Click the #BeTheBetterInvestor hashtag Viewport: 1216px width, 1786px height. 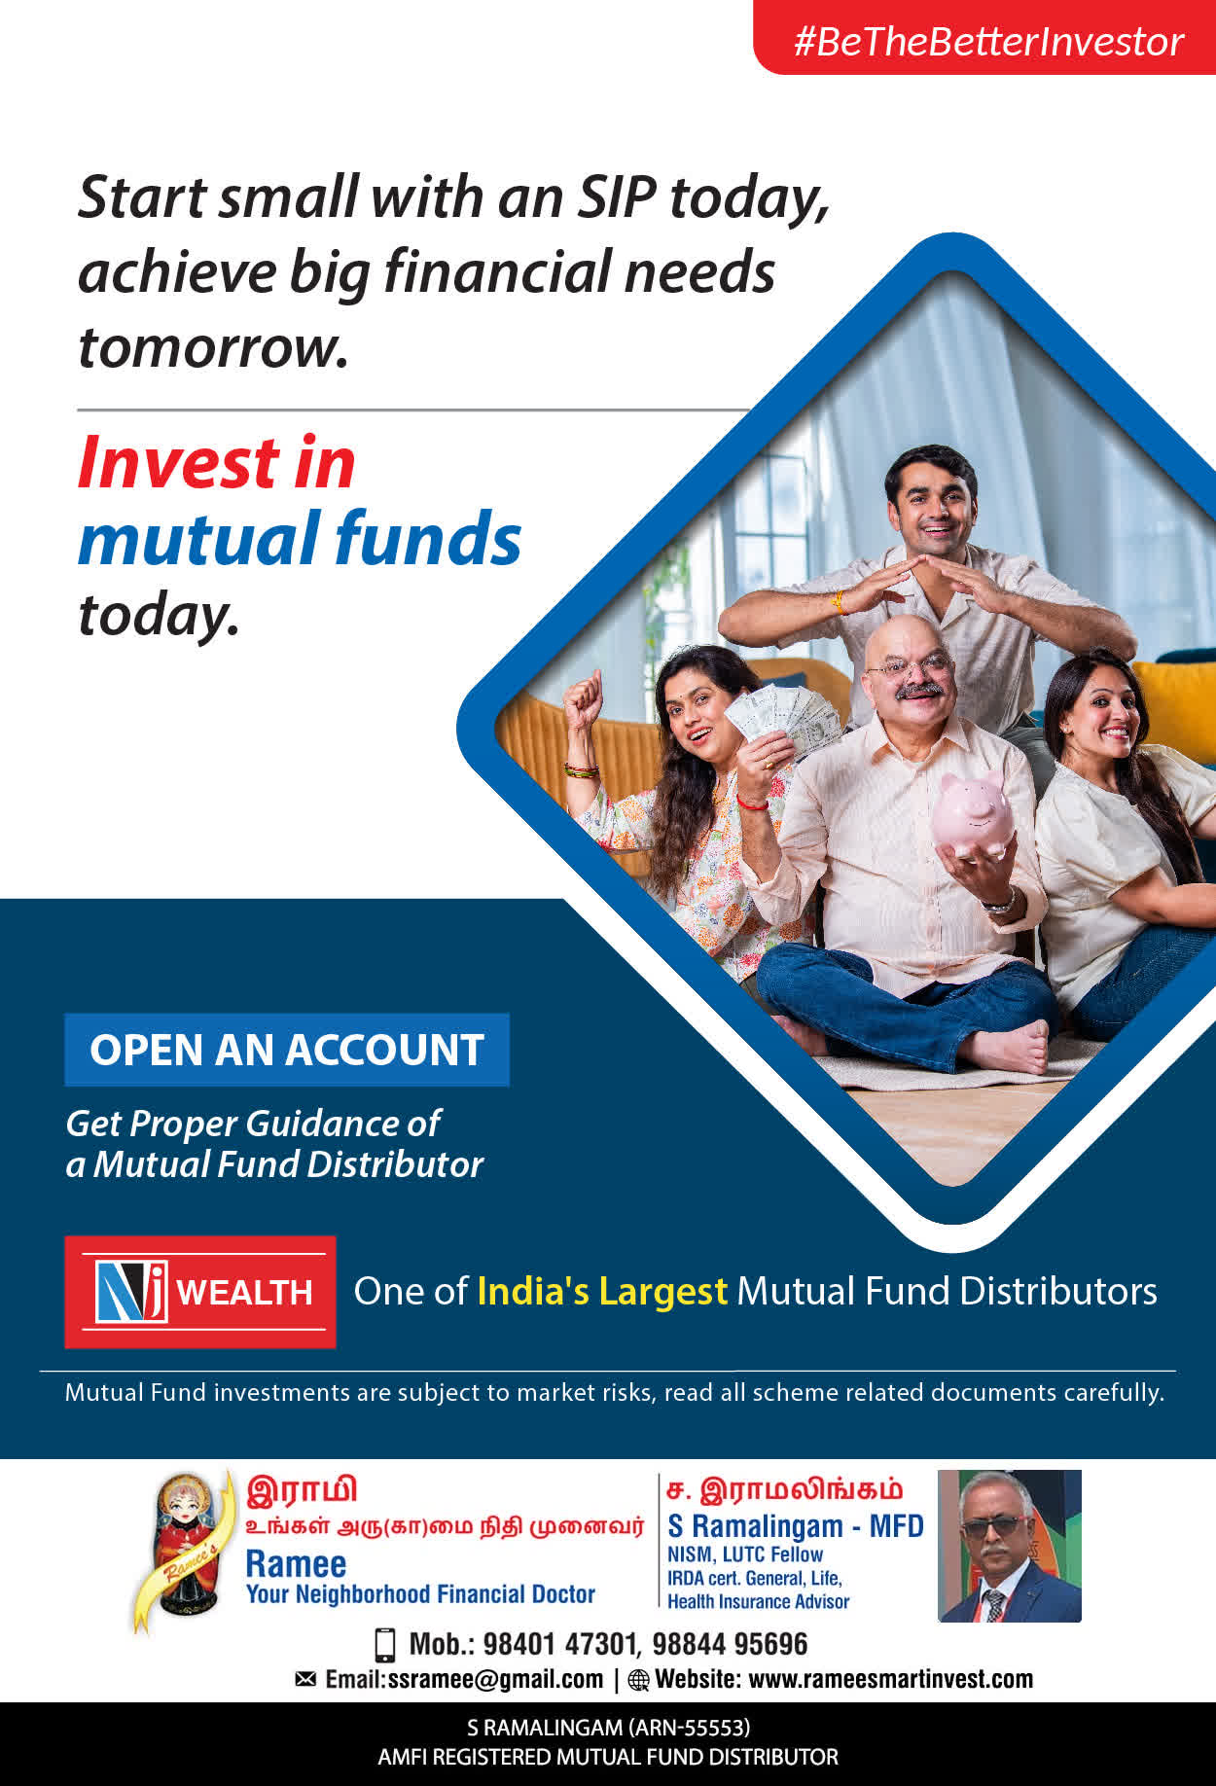pyautogui.click(x=988, y=42)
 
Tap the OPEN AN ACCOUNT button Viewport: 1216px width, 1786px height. pyautogui.click(x=287, y=1050)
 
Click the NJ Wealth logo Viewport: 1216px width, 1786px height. pyautogui.click(x=200, y=1292)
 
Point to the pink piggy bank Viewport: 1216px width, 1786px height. pyautogui.click(x=972, y=814)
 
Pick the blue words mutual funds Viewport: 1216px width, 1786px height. pyautogui.click(x=300, y=538)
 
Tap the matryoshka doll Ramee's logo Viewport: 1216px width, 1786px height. pyautogui.click(x=186, y=1547)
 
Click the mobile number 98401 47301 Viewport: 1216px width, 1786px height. pyautogui.click(x=559, y=1644)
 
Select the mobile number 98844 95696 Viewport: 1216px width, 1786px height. pyautogui.click(x=730, y=1644)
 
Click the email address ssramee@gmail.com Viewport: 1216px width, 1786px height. pyautogui.click(x=495, y=1680)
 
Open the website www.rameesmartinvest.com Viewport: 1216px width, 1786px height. pyautogui.click(x=891, y=1679)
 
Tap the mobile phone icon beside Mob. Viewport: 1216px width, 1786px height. pyautogui.click(x=385, y=1644)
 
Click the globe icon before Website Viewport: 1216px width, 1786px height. pyautogui.click(x=638, y=1680)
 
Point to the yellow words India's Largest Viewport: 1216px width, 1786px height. pyautogui.click(x=602, y=1292)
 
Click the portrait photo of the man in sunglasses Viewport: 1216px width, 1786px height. pyautogui.click(x=1010, y=1546)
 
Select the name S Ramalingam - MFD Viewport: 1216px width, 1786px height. pyautogui.click(x=796, y=1526)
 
